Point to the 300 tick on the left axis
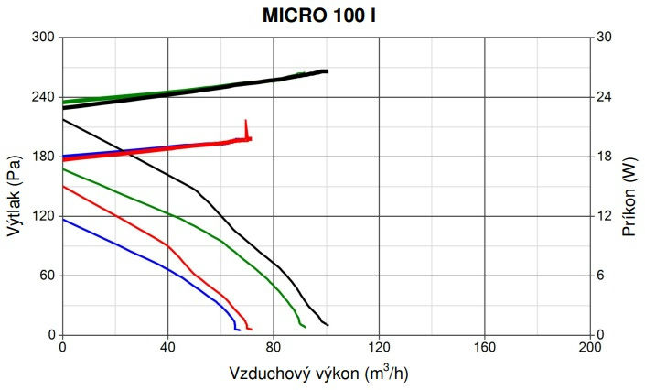click(44, 38)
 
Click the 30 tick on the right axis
click(604, 38)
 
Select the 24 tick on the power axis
click(604, 97)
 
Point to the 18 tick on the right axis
click(604, 157)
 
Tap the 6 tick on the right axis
click(600, 276)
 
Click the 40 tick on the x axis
click(167, 349)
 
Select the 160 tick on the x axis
click(485, 349)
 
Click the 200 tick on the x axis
click(590, 349)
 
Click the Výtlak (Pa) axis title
click(14, 186)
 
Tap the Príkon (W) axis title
click(629, 186)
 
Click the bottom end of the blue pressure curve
click(238, 329)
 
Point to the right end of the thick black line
click(327, 71)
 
